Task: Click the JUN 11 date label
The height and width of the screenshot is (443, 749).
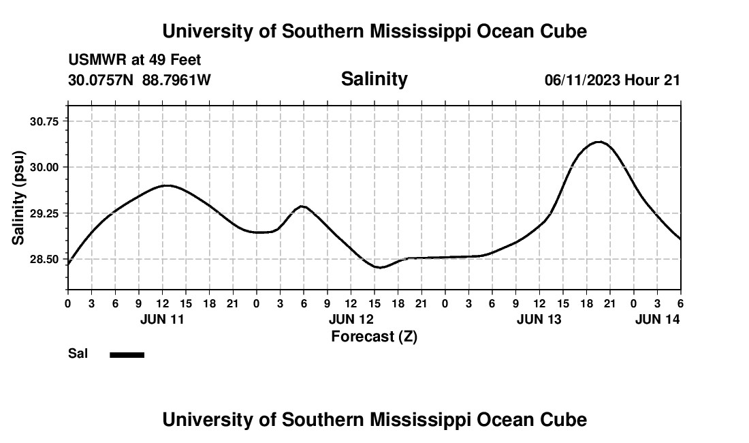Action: (162, 319)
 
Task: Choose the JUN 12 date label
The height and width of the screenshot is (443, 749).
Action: (351, 319)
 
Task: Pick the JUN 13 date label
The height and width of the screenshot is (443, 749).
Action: (539, 319)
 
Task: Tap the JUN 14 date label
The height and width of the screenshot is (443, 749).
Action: (657, 319)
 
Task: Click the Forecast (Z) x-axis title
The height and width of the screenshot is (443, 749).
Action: (374, 336)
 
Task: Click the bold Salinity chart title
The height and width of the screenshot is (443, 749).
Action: (374, 79)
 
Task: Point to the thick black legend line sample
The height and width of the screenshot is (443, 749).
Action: (127, 354)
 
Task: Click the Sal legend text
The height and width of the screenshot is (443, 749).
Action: (78, 354)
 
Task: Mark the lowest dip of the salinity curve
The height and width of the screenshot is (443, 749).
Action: (380, 267)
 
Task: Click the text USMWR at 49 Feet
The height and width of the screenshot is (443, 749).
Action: (135, 61)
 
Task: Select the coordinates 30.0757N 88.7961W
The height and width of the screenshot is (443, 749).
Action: (140, 80)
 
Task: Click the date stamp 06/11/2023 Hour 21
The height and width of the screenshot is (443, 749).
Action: (612, 80)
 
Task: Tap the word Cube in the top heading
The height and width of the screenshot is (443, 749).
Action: (564, 31)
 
